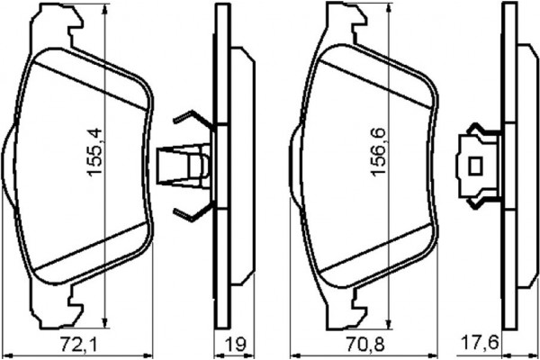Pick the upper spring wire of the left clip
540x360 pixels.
point(192,121)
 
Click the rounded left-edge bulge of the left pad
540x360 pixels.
point(8,166)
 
